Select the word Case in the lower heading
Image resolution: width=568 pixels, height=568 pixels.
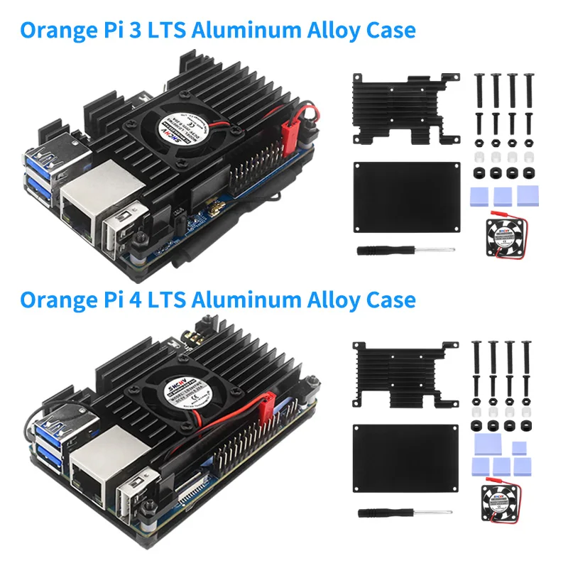pyautogui.click(x=387, y=299)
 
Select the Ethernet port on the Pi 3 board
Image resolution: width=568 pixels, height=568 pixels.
pyautogui.click(x=80, y=204)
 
